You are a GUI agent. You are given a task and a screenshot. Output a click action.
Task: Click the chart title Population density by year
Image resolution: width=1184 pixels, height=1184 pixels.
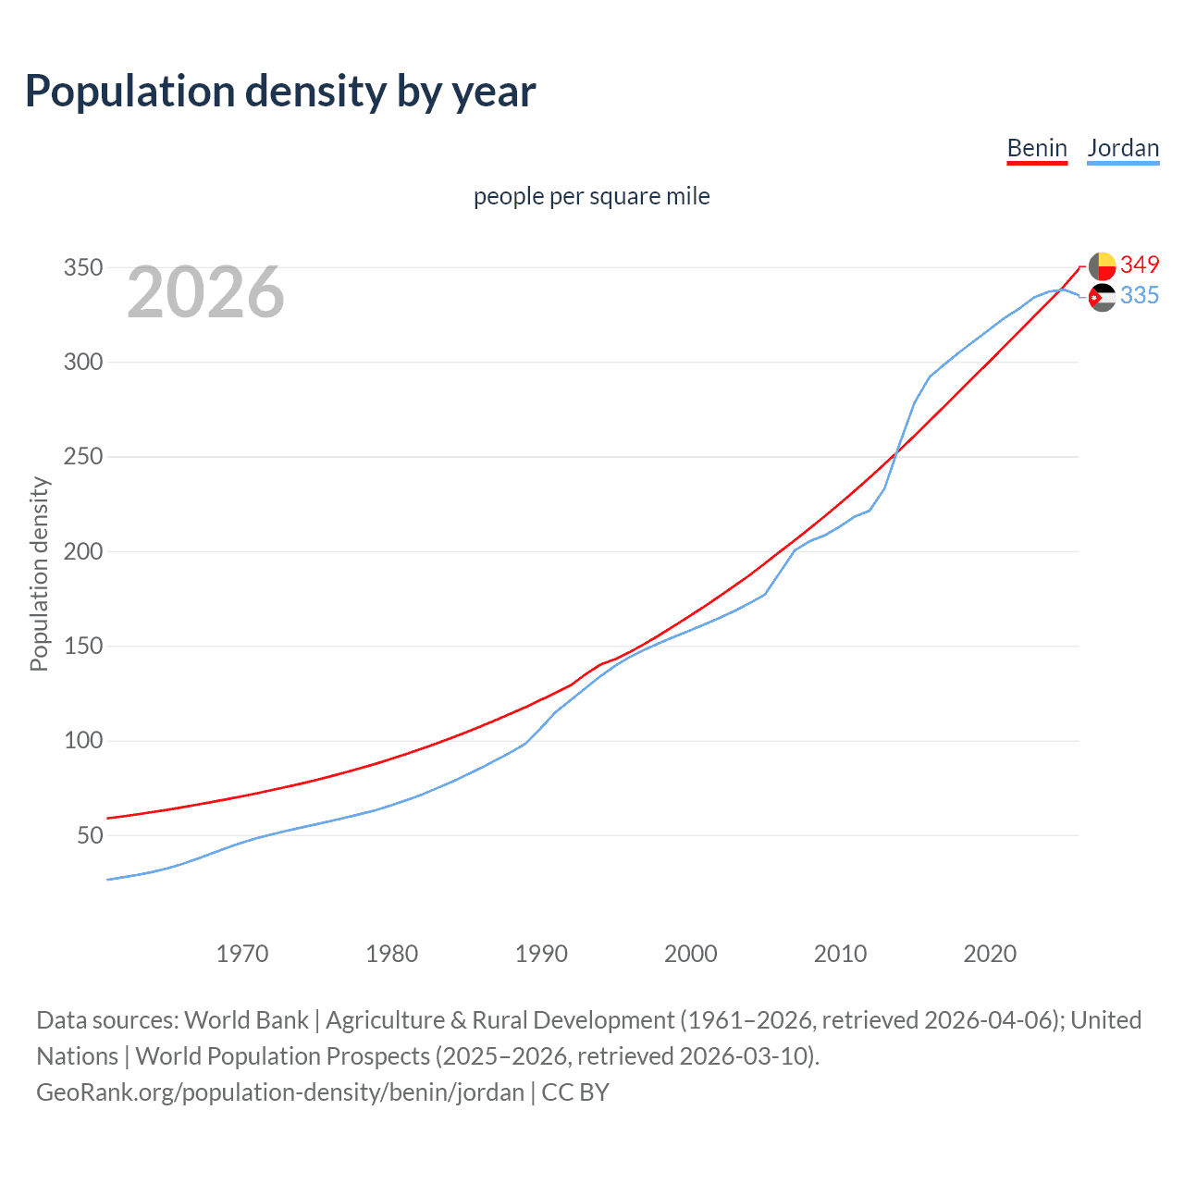coord(280,92)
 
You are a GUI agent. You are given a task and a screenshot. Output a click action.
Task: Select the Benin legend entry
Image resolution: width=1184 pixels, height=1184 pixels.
coord(1037,148)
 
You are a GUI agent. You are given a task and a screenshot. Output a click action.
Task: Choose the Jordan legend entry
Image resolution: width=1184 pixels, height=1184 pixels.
coord(1123,148)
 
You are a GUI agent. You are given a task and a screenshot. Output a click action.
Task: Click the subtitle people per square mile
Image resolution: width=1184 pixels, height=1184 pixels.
coord(592,196)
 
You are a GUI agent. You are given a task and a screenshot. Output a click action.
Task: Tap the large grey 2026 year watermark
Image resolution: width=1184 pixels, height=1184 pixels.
coord(205,292)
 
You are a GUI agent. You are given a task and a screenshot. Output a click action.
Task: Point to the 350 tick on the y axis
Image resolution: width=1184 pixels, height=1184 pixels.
coord(82,268)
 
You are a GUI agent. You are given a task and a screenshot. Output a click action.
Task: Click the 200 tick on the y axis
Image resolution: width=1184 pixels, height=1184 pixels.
coord(82,552)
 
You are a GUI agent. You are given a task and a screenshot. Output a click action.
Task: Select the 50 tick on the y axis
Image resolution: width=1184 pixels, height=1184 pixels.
coord(90,836)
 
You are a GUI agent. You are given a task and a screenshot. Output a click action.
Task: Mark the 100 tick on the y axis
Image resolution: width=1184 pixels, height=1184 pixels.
coord(82,741)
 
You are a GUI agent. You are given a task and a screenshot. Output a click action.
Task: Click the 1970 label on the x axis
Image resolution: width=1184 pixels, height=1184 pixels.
coord(242,954)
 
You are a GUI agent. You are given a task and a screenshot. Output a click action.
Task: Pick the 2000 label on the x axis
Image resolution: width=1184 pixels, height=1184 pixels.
coord(691,954)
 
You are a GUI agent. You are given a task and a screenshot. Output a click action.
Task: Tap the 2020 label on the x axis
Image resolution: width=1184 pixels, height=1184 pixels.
coord(990,954)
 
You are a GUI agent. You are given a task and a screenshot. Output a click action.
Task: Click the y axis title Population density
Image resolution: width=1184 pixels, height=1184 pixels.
coord(39,573)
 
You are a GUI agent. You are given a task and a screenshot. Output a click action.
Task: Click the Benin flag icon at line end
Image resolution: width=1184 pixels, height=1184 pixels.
coord(1102,265)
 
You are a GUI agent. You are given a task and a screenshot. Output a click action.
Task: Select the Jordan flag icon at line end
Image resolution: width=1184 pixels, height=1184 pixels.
coord(1102,297)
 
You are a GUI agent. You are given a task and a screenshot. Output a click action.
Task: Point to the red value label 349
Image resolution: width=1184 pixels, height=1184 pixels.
coord(1140,265)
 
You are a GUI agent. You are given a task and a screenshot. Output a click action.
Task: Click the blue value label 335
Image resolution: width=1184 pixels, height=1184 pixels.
coord(1140,295)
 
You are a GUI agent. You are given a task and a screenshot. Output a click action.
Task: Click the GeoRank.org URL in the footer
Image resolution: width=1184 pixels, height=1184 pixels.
coord(280,1092)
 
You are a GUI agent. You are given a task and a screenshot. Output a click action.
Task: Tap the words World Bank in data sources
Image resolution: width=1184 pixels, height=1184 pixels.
coord(246,1020)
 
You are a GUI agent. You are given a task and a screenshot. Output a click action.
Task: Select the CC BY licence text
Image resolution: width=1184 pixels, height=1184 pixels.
coord(575,1092)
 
